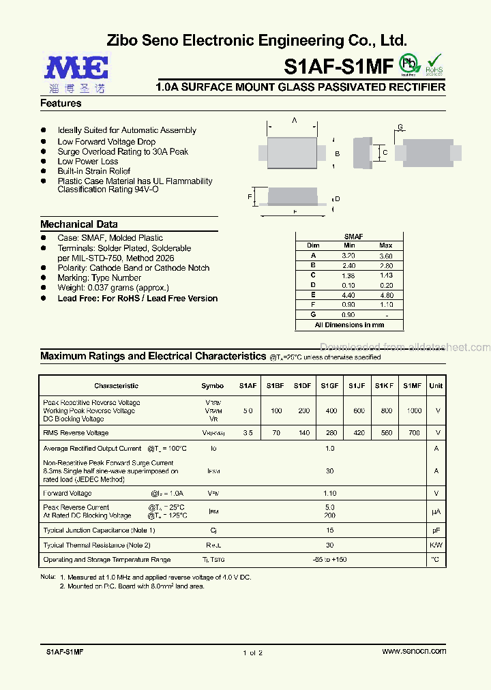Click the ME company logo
click(x=76, y=73)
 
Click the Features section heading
click(x=61, y=104)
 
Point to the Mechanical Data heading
click(x=78, y=224)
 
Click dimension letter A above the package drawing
click(x=295, y=120)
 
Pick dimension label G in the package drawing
click(x=400, y=127)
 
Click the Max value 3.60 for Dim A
click(x=386, y=256)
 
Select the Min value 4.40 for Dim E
click(x=349, y=295)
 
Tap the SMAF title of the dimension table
click(x=353, y=237)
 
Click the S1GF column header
click(x=331, y=386)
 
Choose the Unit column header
click(x=436, y=386)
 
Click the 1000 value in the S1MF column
click(x=414, y=411)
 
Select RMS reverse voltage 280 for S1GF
click(x=331, y=433)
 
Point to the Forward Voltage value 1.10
click(x=330, y=493)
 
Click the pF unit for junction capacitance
click(x=436, y=530)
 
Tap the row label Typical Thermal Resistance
click(x=96, y=545)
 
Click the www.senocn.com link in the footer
click(x=414, y=651)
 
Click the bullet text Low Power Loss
click(x=88, y=162)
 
